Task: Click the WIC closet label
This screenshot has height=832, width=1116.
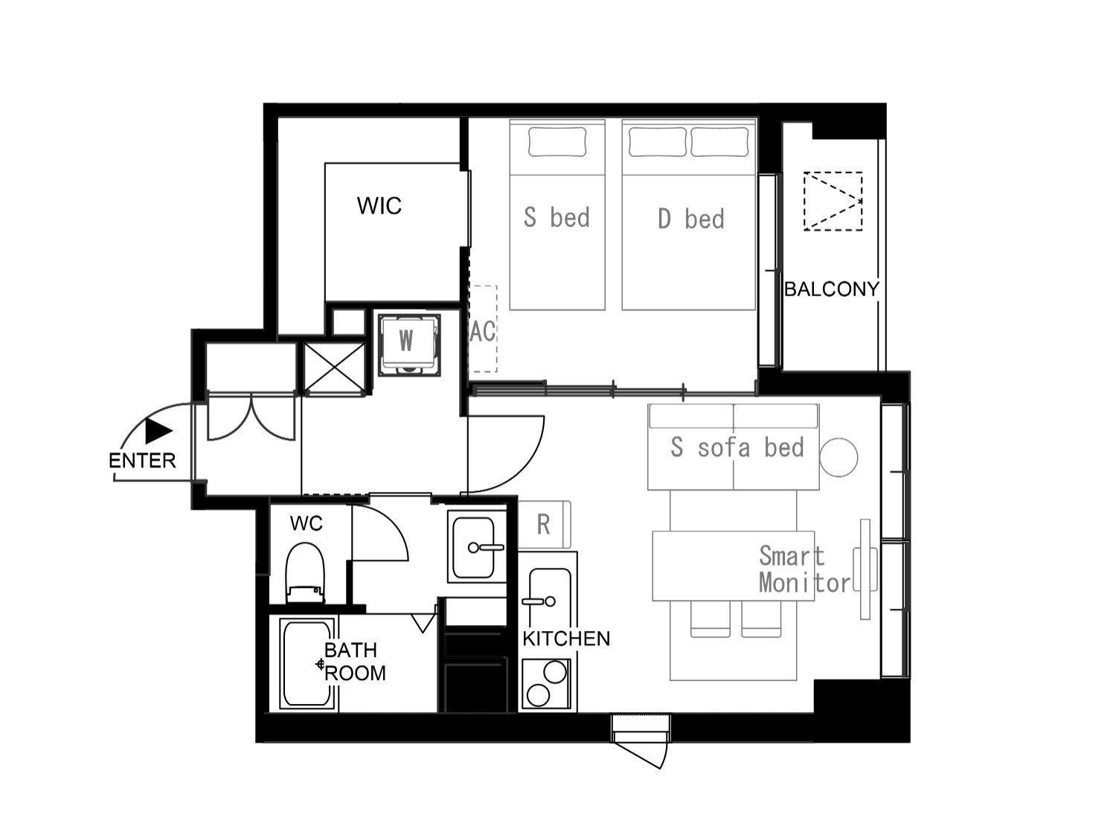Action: [379, 206]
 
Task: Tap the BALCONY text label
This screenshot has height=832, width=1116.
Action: [831, 289]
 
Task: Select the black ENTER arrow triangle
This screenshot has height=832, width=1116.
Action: [158, 431]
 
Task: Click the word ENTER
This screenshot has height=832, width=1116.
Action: [142, 461]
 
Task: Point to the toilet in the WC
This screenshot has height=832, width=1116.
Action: [305, 572]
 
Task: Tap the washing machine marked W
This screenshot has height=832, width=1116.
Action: [408, 345]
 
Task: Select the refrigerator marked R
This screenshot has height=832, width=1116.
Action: [544, 525]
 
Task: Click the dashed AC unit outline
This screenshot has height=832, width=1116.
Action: [483, 328]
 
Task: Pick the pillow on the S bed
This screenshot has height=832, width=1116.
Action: [557, 141]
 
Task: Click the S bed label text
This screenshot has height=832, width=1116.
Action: [557, 217]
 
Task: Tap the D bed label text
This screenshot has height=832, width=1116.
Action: [690, 219]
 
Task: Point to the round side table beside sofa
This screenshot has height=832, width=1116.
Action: [839, 457]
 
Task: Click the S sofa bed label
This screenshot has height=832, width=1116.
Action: [737, 447]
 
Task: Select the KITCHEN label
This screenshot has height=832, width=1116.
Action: [566, 639]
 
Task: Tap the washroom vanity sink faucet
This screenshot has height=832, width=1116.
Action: [486, 547]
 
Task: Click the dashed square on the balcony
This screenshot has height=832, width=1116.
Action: [833, 202]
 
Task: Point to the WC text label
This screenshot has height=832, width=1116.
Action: [306, 523]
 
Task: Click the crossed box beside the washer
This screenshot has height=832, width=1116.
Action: [334, 368]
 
